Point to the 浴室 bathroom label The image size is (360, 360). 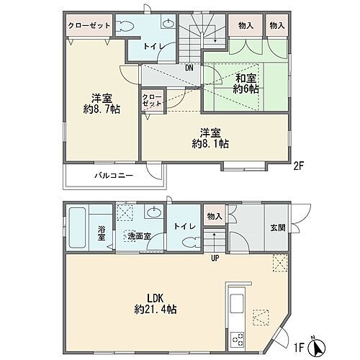[x=102, y=234]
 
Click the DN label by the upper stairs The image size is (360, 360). [x=189, y=68]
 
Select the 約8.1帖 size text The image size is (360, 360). [x=210, y=144]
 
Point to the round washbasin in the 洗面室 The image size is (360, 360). [x=153, y=213]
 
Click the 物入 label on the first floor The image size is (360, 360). [x=213, y=217]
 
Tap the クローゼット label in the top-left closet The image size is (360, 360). [x=89, y=24]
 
